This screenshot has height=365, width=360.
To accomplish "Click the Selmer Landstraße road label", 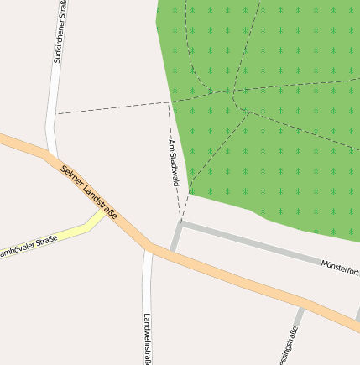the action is tap(89, 192).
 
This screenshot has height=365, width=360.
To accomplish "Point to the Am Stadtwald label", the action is tap(174, 163).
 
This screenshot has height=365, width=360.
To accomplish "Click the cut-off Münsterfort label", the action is tap(340, 269).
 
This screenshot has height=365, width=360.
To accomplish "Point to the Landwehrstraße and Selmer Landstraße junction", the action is tap(149, 248).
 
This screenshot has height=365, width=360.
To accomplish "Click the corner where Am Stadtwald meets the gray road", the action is tap(180, 224).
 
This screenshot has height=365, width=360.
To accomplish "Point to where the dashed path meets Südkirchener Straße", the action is tap(55, 114).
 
